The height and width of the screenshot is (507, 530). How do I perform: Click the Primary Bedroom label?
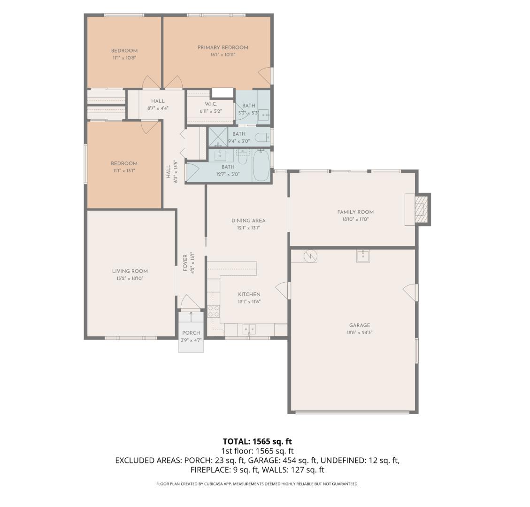click(223, 47)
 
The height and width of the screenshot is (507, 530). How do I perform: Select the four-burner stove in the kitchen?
click(214, 311)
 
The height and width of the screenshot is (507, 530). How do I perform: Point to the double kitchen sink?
click(249, 330)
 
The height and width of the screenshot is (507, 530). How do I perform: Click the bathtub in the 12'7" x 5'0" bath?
click(261, 165)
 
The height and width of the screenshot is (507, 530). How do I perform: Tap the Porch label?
click(191, 333)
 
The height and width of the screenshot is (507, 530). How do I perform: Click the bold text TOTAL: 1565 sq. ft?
click(257, 441)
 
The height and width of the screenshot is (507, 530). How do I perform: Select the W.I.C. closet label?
click(210, 104)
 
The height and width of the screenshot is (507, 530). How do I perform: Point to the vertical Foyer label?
click(185, 263)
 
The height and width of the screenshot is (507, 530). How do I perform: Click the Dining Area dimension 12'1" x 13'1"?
click(248, 228)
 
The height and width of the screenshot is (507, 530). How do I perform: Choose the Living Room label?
click(130, 271)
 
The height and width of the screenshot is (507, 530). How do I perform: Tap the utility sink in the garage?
click(363, 256)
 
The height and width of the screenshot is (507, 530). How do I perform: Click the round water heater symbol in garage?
click(311, 256)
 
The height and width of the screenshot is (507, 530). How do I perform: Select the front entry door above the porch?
click(190, 302)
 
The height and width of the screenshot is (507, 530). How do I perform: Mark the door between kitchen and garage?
click(283, 290)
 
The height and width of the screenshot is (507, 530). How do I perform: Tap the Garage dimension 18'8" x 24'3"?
click(359, 332)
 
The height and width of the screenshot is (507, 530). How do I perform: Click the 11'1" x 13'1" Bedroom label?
click(124, 171)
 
